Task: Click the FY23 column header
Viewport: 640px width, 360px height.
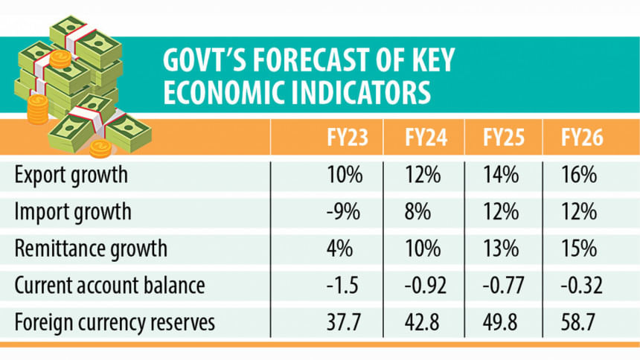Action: point(345,138)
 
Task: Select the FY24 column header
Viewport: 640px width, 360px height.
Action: point(425,138)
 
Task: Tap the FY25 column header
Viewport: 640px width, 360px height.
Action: point(502,138)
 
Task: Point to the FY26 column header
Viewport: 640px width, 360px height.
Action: point(580,138)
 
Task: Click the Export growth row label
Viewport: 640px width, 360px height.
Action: point(71,176)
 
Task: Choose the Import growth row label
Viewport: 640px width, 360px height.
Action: point(73,212)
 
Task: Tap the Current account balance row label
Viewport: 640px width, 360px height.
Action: point(109,286)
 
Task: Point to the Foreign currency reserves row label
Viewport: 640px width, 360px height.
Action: point(115,323)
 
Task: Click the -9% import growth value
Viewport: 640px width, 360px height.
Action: point(344,212)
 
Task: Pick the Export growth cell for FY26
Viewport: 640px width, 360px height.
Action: point(580,176)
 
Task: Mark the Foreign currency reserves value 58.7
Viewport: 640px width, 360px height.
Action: point(580,323)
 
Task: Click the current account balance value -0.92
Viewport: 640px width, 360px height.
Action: point(424,286)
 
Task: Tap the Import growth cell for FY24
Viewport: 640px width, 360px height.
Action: point(419,212)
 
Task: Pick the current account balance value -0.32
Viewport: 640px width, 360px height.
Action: point(580,286)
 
